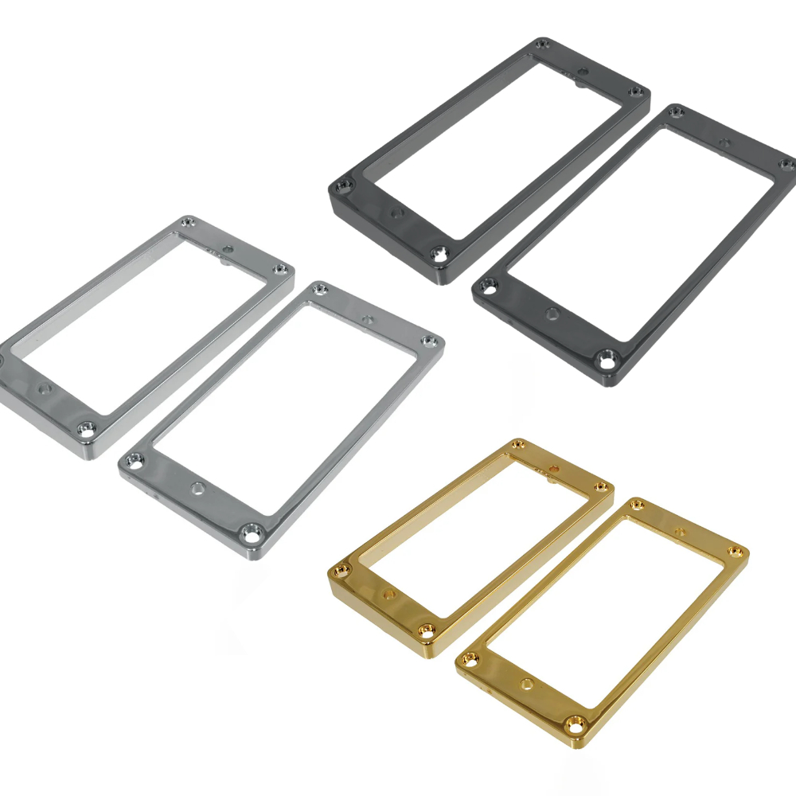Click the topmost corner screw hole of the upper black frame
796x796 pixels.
(x=543, y=44)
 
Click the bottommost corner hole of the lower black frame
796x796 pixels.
(x=611, y=361)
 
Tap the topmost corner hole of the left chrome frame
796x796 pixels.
(x=188, y=223)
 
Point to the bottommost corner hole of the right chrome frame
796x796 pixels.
(x=253, y=531)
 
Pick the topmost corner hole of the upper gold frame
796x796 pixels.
(x=518, y=443)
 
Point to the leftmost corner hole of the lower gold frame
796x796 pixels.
(x=470, y=658)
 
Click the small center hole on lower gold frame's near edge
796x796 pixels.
(x=527, y=684)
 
